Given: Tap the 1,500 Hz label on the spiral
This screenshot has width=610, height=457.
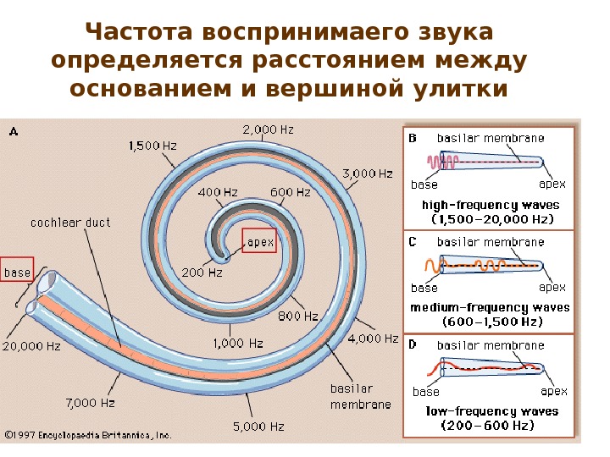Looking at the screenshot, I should pos(152,146).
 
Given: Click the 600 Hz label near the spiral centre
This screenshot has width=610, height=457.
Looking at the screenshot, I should pos(291,192).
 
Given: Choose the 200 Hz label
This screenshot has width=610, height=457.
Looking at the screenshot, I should pos(202,273).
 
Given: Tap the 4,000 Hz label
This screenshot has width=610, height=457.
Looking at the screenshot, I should pos(373,339).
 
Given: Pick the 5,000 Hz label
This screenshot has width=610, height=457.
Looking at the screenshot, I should pos(258,427).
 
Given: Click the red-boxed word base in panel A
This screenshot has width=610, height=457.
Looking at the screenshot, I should pos(16,272).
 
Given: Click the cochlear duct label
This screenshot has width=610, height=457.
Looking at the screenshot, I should pos(70,223).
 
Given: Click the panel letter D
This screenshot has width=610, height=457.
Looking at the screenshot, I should pos(413,344).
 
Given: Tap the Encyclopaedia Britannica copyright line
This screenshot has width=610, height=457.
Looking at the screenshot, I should pos(88,435).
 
